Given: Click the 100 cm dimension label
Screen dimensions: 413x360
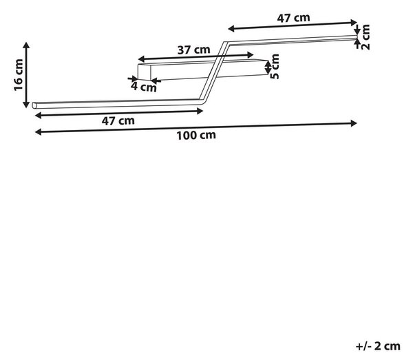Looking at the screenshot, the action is point(196,136).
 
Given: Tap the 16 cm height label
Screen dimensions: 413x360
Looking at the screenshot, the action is point(19,75).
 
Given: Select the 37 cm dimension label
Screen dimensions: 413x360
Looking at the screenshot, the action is point(194,50).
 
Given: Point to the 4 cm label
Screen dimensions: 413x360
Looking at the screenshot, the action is point(144,87).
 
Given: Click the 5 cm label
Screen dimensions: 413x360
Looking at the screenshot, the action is point(275,66).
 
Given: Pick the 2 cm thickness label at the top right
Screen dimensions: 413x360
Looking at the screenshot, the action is point(366,37).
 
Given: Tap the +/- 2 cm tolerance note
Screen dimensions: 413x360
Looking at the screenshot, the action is point(378,346).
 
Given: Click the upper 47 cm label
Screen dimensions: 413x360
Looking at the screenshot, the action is point(293,18).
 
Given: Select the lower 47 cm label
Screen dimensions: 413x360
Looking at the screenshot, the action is point(118,121).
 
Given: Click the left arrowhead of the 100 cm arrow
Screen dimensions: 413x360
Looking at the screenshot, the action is point(38,131).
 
